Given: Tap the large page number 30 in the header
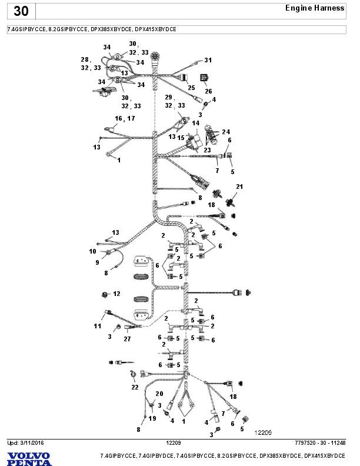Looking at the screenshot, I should click(x=21, y=11).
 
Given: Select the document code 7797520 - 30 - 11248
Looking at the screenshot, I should click(x=320, y=442).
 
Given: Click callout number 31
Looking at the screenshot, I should click(x=208, y=60).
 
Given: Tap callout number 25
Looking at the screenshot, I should click(x=191, y=88).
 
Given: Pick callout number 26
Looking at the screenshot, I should click(x=208, y=91).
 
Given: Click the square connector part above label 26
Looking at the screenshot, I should click(x=205, y=78).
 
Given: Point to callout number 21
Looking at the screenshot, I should click(x=239, y=187).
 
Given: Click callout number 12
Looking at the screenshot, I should click(x=116, y=293).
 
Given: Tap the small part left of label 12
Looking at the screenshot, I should click(x=105, y=293).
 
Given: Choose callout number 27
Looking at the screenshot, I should click(x=127, y=339).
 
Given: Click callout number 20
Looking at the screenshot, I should click(x=159, y=393).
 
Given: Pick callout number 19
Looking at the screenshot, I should click(x=152, y=418).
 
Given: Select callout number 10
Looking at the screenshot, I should click(x=93, y=251).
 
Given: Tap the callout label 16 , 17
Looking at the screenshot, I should click(x=125, y=118).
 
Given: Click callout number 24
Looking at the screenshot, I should click(x=226, y=131).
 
